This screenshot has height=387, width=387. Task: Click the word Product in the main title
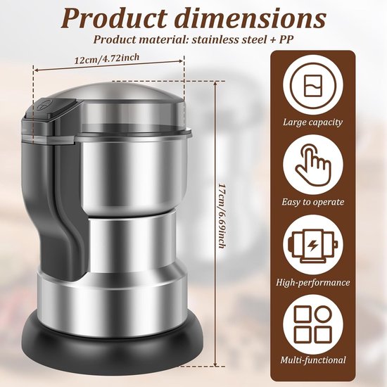click(114, 18)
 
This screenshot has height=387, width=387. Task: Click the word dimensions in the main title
click(250, 18)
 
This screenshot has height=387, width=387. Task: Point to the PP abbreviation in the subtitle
click(286, 39)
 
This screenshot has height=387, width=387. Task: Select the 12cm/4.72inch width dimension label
click(107, 58)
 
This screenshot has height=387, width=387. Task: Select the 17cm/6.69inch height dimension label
click(222, 215)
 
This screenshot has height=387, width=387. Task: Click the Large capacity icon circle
click(313, 86)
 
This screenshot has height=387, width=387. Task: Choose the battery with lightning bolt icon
click(313, 246)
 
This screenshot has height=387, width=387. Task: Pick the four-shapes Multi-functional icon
click(313, 324)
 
